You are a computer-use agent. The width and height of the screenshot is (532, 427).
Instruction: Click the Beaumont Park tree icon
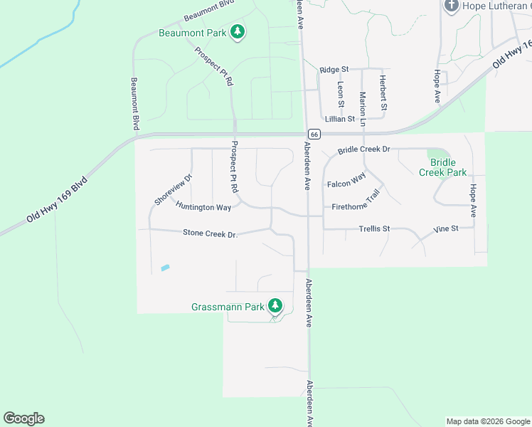(238, 32)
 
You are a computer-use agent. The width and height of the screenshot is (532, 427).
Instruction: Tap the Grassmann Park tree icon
(275, 307)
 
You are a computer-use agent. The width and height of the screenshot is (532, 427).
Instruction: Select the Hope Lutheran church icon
(451, 6)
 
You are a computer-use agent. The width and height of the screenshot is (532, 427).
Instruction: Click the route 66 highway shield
(314, 134)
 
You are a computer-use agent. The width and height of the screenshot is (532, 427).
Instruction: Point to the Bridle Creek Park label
(442, 167)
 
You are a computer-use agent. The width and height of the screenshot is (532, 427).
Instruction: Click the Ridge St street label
(334, 70)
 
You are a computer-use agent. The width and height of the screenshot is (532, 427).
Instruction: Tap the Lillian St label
(339, 119)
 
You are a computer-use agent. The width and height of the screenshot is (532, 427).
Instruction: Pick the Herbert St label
(383, 93)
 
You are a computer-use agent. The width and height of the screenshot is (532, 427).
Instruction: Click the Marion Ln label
(363, 108)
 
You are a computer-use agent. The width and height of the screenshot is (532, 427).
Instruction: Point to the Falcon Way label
(346, 180)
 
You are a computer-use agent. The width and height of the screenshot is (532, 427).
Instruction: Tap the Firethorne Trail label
(356, 203)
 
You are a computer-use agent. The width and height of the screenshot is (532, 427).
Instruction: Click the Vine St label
(445, 229)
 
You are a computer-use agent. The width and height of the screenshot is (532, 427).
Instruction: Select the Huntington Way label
(203, 206)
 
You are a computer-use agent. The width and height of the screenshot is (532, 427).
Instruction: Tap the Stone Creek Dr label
(209, 233)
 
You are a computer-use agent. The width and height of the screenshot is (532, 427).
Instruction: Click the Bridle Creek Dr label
(364, 150)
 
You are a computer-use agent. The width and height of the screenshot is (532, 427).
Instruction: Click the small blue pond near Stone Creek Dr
(165, 268)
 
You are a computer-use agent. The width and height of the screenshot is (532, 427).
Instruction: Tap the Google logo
(23, 418)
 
